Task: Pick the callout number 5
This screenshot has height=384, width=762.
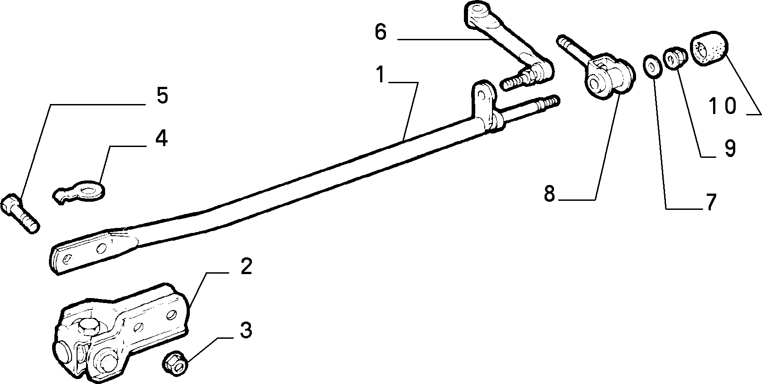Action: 162,95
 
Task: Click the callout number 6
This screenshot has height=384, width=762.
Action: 381,32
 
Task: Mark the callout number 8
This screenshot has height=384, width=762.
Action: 550,194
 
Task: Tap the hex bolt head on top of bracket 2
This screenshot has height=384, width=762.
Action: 89,327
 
